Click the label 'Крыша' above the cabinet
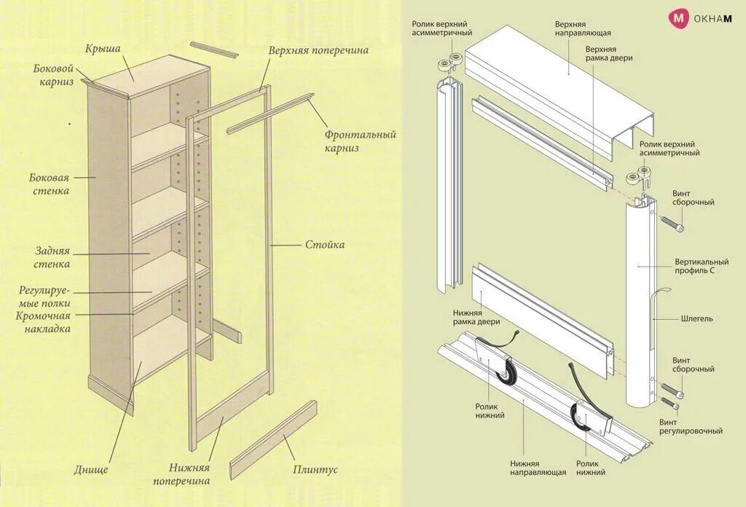coord(103,49)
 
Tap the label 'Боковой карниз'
coord(53,75)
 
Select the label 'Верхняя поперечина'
coord(318,51)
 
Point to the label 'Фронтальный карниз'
coord(360,141)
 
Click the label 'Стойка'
coord(325,245)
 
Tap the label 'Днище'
coord(91,469)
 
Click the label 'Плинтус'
coord(315,470)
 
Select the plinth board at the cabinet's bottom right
coord(273,440)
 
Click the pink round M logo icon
coord(679,18)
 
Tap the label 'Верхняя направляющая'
coord(583,28)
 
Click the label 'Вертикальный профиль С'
coord(701,267)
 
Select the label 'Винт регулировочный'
coord(691,426)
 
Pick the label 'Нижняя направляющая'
coord(538,468)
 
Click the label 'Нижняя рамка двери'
coord(476,318)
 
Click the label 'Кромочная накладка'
coord(44,322)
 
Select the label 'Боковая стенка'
coord(50,184)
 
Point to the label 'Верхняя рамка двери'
coord(609,53)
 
